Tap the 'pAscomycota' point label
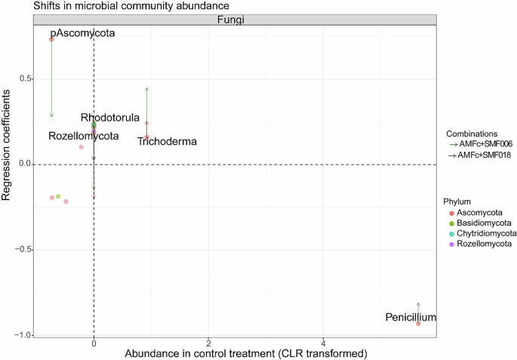click(x=82, y=34)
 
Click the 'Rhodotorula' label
click(x=110, y=118)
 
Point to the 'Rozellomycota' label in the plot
click(x=83, y=137)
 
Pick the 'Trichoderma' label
click(x=167, y=141)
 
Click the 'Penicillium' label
click(x=411, y=318)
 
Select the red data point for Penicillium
click(x=418, y=323)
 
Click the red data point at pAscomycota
click(x=51, y=38)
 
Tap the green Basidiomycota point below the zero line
click(x=58, y=196)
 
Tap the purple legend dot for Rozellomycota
click(x=452, y=245)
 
